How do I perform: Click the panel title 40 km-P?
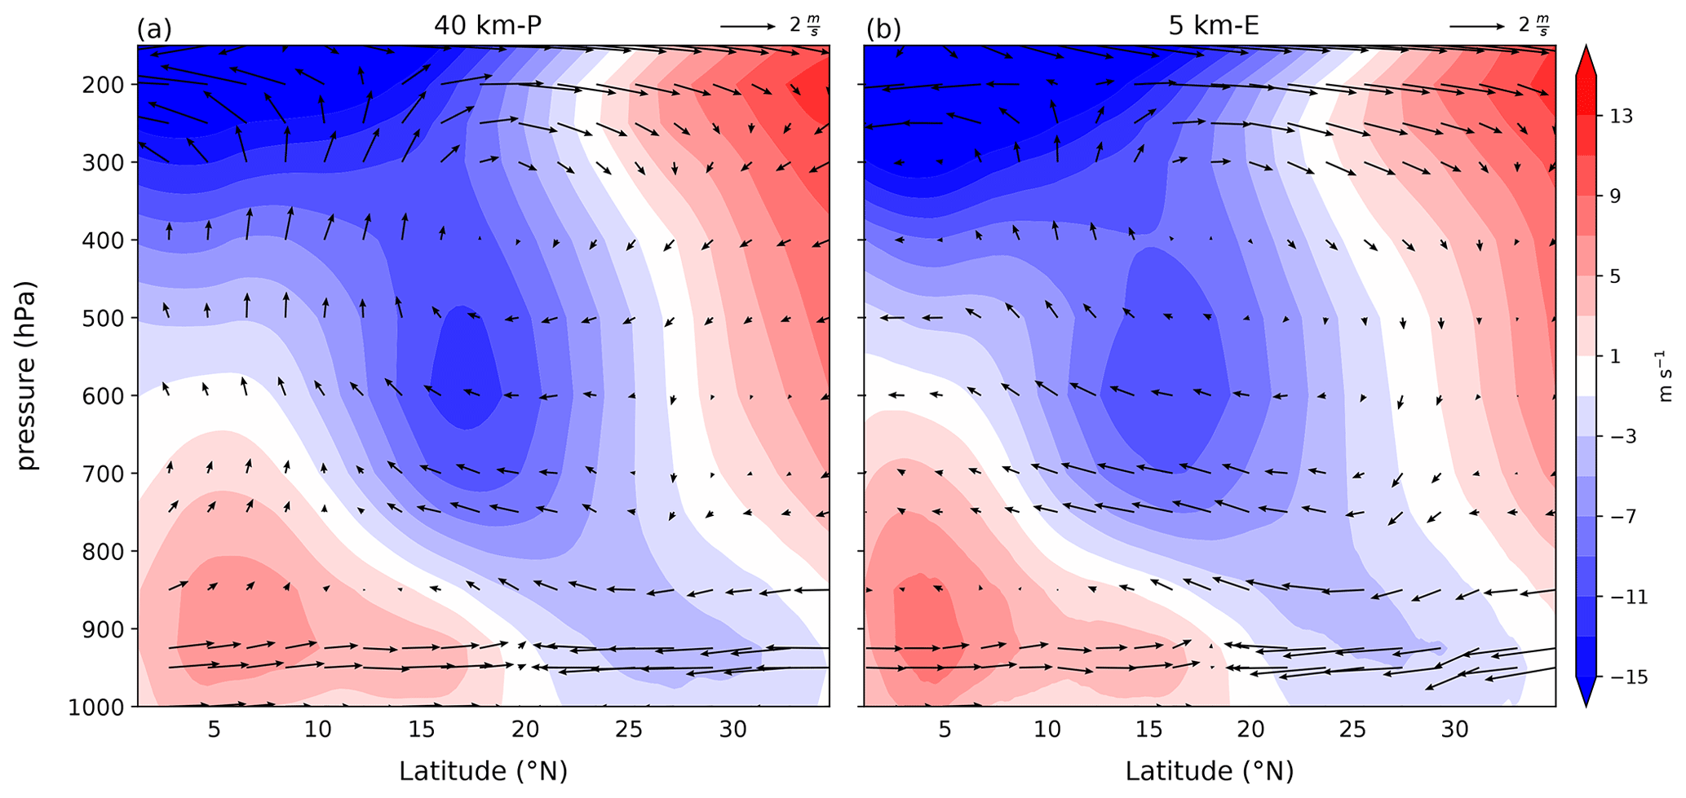click(x=488, y=25)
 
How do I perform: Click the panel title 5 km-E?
click(x=1214, y=25)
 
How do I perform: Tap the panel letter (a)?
click(x=154, y=29)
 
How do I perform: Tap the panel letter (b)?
click(x=883, y=29)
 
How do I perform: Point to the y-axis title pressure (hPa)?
click(x=29, y=376)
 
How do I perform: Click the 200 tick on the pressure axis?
click(x=104, y=85)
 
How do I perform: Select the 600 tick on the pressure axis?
click(x=104, y=396)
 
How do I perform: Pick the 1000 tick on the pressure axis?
click(x=97, y=707)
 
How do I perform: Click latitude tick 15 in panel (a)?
click(x=422, y=729)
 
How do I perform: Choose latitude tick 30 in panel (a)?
click(x=732, y=729)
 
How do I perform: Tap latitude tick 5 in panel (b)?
click(x=945, y=729)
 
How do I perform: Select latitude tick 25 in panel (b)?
click(x=1353, y=729)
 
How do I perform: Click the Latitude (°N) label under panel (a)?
click(x=483, y=770)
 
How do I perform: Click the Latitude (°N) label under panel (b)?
click(x=1210, y=770)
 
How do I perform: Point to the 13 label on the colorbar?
click(x=1622, y=116)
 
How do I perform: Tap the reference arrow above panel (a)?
click(x=747, y=26)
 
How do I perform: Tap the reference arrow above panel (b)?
click(x=1476, y=26)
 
